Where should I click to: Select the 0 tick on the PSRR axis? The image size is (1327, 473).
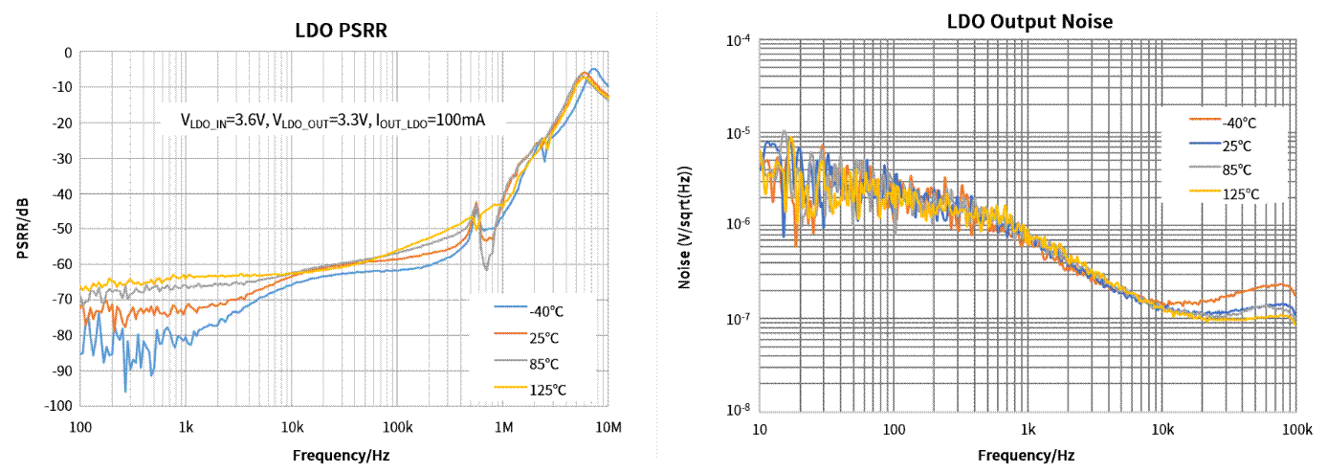click(67, 53)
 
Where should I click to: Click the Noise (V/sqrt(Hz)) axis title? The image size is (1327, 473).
click(684, 227)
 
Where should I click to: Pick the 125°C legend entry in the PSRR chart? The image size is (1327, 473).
click(546, 389)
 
